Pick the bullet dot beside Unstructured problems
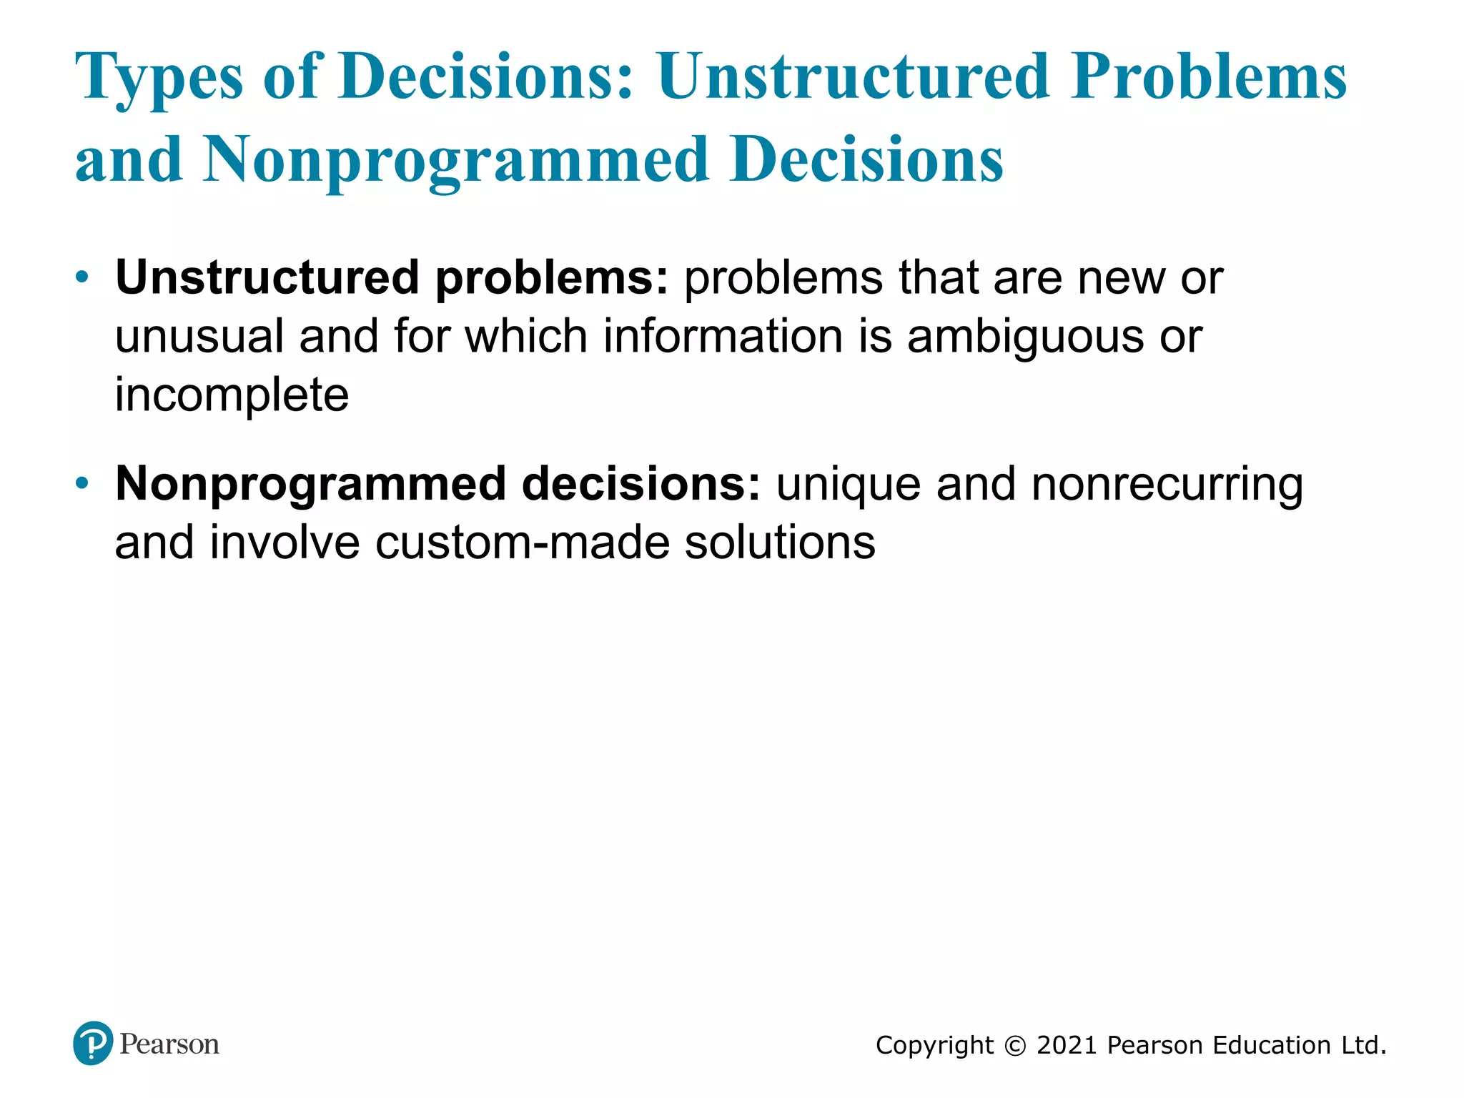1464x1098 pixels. click(83, 277)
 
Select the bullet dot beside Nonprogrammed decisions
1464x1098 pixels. click(83, 484)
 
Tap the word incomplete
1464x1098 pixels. click(232, 395)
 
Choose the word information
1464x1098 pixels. click(723, 336)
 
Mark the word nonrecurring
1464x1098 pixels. click(1167, 485)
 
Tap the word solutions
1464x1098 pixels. click(780, 543)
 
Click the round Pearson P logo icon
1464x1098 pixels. click(93, 1044)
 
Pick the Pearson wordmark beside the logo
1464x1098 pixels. click(169, 1044)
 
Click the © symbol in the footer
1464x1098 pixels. click(1015, 1046)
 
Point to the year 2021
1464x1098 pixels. click(1067, 1046)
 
